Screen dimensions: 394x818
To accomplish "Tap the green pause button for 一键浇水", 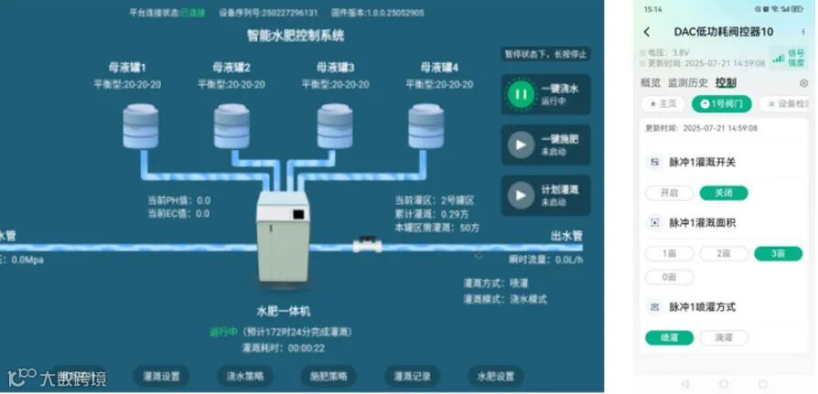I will (522, 93).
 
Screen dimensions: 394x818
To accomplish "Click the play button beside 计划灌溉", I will (522, 195).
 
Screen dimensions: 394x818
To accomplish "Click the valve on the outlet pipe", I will (368, 245).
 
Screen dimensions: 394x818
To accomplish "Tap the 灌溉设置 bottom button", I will (162, 376).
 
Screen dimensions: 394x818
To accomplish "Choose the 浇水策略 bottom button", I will (245, 376).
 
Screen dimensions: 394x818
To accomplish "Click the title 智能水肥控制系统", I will (296, 37).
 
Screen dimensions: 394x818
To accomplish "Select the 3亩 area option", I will (778, 253).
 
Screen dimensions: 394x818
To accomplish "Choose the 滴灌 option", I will (724, 337).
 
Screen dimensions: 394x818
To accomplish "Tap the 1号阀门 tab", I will (721, 104).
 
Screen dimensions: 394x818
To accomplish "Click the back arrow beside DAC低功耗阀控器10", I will (647, 32).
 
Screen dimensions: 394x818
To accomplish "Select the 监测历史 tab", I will (686, 83).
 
